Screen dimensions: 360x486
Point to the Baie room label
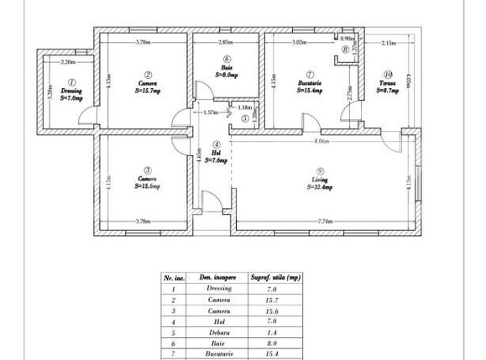pos(227,68)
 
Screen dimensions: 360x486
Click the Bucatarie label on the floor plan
pos(310,82)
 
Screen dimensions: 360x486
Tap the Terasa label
pos(387,82)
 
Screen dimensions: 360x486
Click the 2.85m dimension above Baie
pos(226,41)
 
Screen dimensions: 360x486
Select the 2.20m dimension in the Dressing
pos(68,61)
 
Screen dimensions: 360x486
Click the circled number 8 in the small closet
pos(345,50)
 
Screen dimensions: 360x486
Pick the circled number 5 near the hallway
pos(244,118)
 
